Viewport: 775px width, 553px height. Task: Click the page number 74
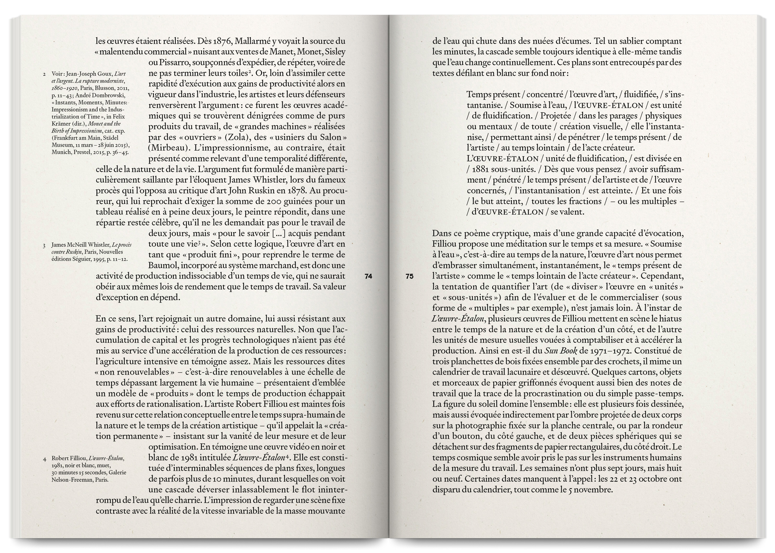point(368,276)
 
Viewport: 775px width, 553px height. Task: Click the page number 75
point(409,276)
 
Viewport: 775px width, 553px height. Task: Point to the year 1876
point(222,41)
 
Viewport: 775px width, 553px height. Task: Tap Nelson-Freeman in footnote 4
point(71,479)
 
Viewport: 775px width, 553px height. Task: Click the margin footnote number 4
point(45,459)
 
